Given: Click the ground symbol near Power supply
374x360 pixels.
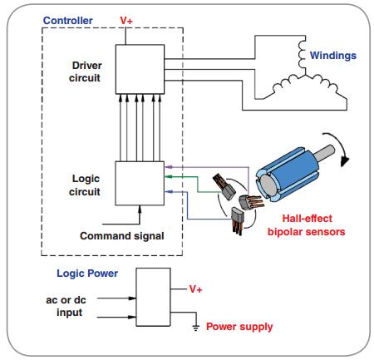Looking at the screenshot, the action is click(196, 328).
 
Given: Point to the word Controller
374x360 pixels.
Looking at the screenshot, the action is click(68, 21).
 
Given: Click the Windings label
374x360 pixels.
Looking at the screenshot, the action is click(333, 56).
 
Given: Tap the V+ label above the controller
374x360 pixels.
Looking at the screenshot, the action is click(126, 21).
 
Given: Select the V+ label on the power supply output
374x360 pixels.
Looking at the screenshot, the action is click(196, 289).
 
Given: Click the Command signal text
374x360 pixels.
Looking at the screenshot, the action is click(122, 236).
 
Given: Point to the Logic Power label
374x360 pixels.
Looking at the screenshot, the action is click(87, 274).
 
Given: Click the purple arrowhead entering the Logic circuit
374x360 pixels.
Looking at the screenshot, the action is click(169, 167).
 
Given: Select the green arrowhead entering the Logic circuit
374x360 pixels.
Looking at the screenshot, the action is click(169, 176).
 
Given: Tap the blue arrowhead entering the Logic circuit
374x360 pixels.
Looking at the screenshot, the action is click(169, 191).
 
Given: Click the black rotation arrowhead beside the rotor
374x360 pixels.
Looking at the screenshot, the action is click(344, 160).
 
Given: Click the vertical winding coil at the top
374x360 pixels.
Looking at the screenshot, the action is click(302, 55).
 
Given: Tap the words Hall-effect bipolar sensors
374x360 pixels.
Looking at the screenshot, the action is click(307, 225).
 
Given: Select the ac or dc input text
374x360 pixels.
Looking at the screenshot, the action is click(66, 306).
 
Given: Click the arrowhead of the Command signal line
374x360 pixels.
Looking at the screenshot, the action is click(140, 210).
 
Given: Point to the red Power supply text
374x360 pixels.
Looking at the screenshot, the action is click(239, 327).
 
